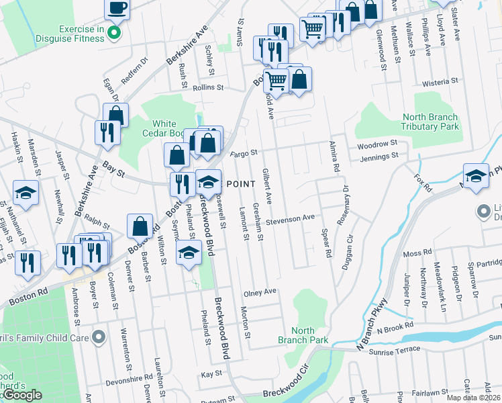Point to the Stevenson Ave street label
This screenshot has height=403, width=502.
290,218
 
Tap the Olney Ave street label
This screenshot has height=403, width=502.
260,292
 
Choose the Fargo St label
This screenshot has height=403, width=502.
244,153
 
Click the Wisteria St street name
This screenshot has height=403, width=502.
440,82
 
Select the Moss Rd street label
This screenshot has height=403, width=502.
417,253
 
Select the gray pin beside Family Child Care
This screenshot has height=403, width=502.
99,337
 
